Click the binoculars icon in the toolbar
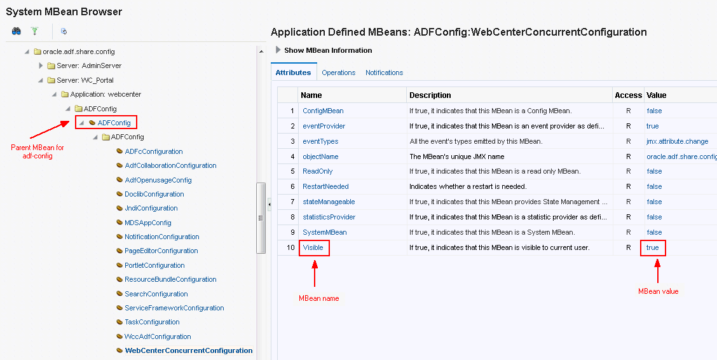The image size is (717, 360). click(17, 31)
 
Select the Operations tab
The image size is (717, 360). click(338, 73)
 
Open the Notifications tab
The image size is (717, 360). click(384, 73)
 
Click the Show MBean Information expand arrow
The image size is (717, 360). click(278, 50)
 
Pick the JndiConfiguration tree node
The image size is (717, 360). click(151, 208)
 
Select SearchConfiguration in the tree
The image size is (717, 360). click(156, 294)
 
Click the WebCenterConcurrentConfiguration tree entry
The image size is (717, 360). click(188, 350)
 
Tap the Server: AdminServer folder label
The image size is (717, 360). click(89, 66)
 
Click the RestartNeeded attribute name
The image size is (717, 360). click(325, 186)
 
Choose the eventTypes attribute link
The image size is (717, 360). click(320, 141)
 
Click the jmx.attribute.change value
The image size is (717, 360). click(677, 141)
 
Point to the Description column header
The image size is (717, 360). click(430, 95)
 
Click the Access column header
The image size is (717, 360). click(628, 95)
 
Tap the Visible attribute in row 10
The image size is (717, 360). click(313, 247)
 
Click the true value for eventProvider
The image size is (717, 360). click(653, 126)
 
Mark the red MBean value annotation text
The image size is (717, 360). click(658, 291)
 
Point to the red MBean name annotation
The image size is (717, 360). click(318, 298)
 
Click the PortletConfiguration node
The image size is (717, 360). click(154, 265)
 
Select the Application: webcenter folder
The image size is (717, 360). click(106, 94)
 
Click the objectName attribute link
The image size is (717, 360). click(320, 156)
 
